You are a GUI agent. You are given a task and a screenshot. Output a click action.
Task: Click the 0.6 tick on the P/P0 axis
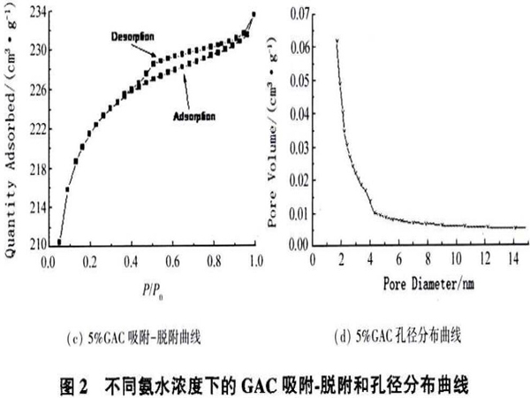(172, 261)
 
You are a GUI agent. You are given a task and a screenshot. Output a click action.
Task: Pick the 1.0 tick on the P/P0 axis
(256, 261)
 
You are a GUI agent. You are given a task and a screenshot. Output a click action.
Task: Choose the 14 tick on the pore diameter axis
(511, 260)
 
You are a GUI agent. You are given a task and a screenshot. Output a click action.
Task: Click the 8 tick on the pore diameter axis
(427, 260)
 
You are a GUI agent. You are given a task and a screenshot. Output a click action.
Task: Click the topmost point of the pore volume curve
(337, 40)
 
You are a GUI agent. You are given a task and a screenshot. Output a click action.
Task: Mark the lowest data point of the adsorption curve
(59, 241)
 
